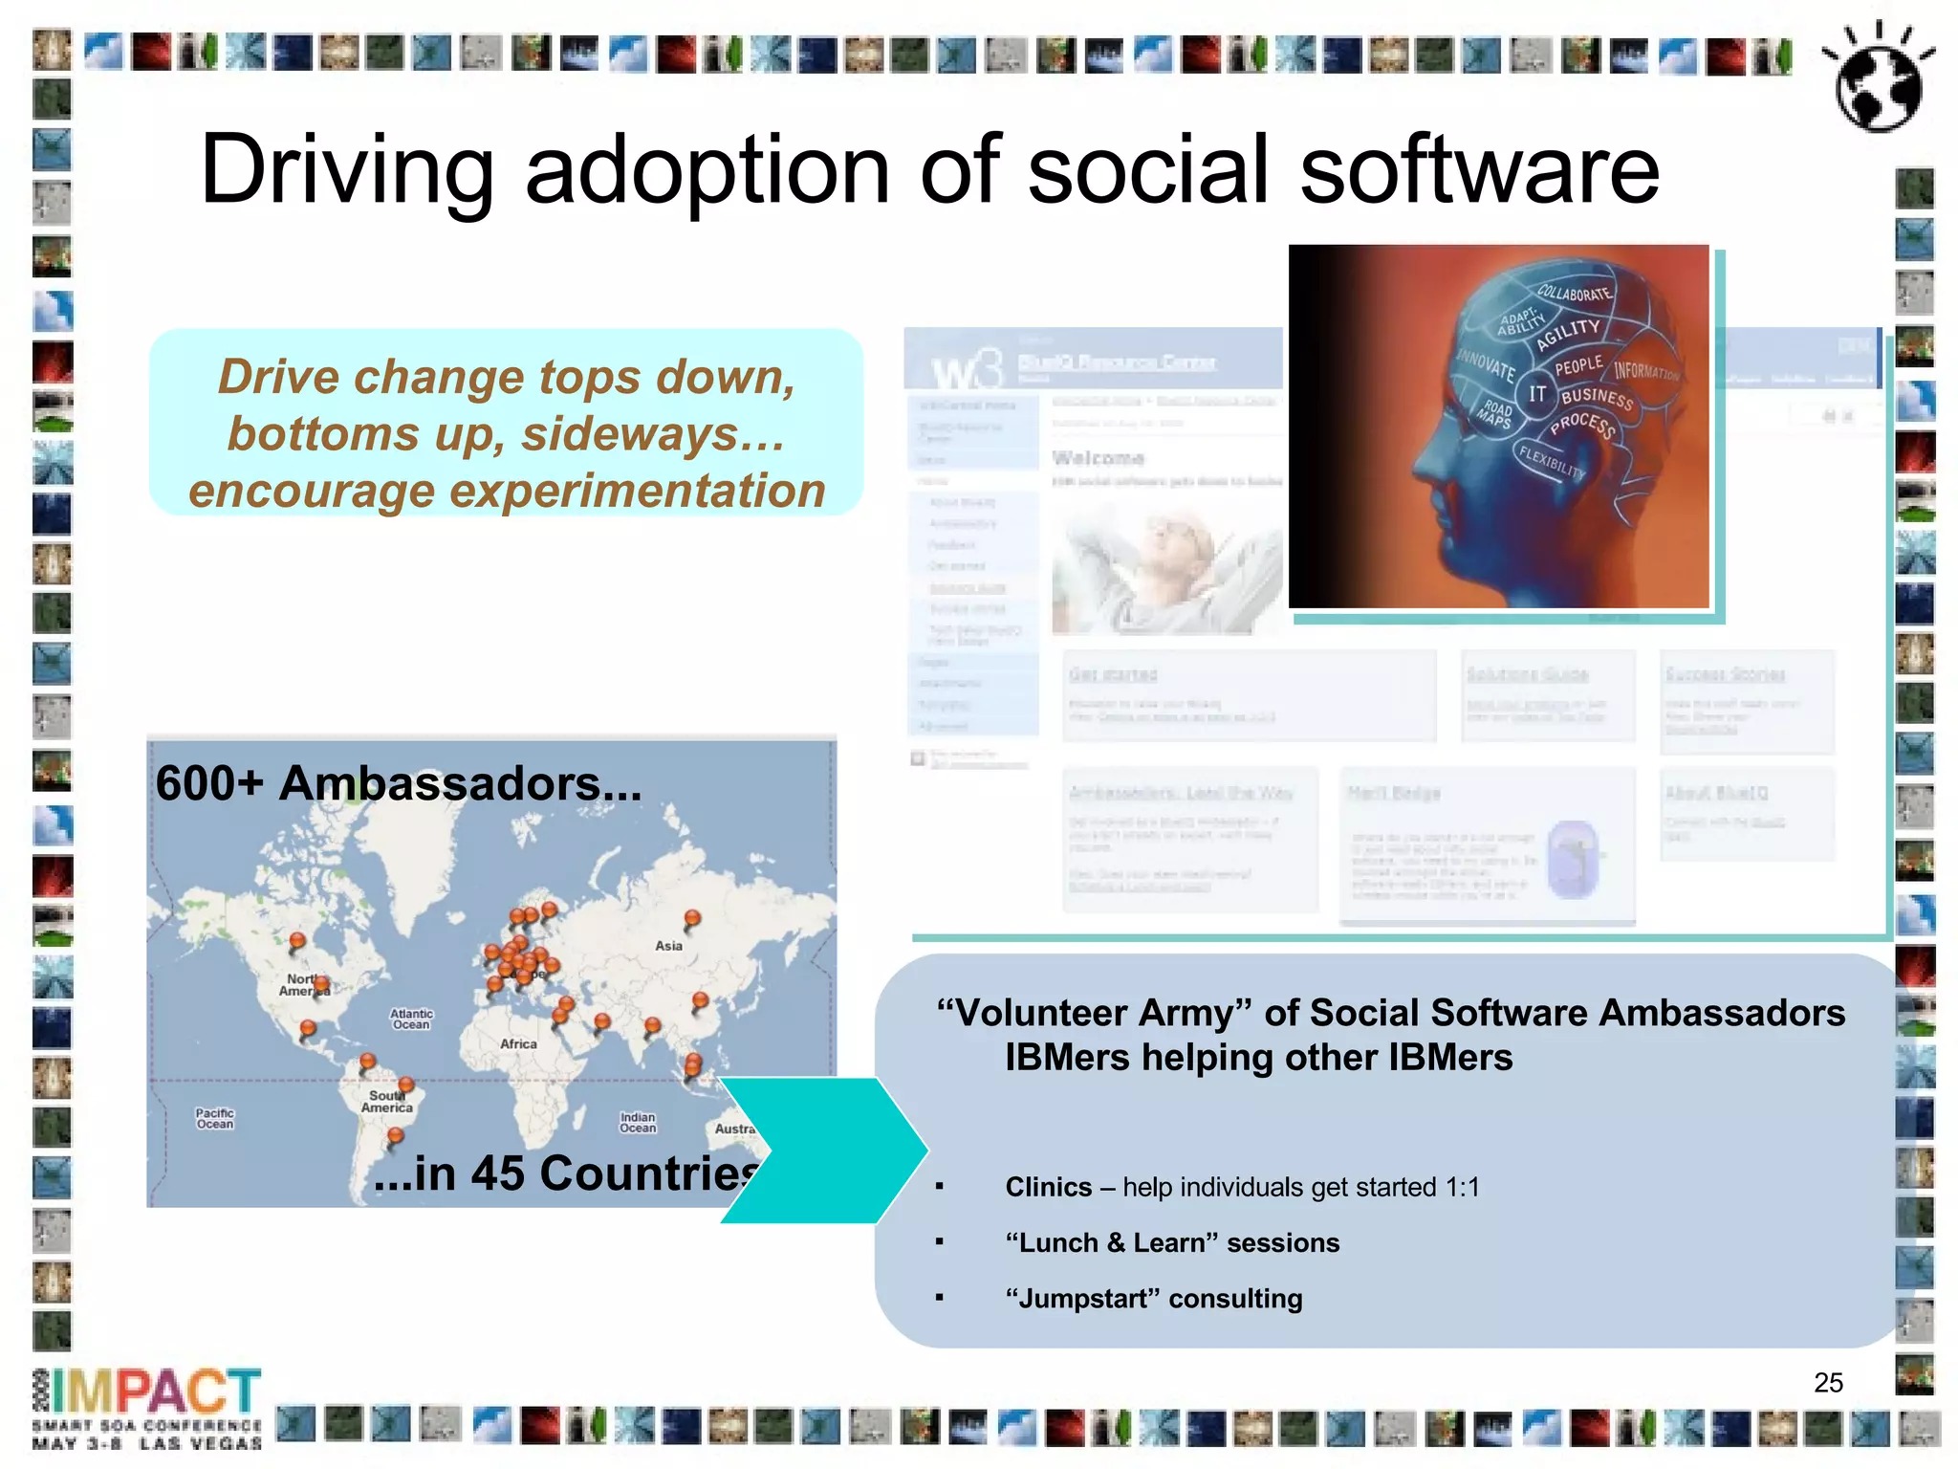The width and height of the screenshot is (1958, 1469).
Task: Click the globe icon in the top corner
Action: coord(1879,81)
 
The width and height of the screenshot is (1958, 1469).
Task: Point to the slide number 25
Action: coord(1828,1383)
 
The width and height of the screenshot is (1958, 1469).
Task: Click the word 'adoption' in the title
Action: coord(707,170)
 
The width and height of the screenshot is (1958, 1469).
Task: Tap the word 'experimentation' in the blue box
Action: coord(637,492)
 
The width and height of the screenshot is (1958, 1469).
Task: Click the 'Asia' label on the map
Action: coord(668,946)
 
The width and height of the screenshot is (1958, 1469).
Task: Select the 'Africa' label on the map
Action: coord(518,1044)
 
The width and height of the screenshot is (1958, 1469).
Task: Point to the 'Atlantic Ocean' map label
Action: coord(411,1020)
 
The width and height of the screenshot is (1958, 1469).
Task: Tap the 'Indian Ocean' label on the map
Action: coord(638,1123)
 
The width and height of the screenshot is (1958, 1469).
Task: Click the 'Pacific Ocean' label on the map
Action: coord(215,1119)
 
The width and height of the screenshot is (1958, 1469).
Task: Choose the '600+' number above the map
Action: coord(209,783)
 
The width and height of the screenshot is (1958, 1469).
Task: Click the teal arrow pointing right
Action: coord(822,1151)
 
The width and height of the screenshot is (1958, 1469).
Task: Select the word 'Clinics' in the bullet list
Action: coord(1048,1188)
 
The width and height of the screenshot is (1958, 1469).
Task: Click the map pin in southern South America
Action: coord(395,1137)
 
